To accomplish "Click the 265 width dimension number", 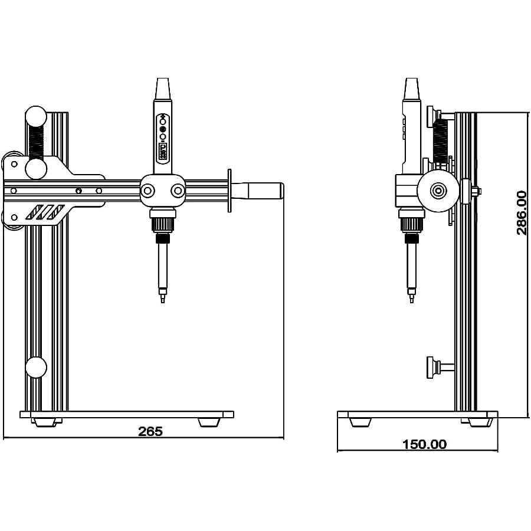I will click(x=150, y=431).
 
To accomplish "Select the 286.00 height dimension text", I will click(x=522, y=212).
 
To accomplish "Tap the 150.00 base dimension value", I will click(x=424, y=444).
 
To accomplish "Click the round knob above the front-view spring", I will click(x=36, y=116).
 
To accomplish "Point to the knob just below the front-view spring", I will click(x=36, y=169).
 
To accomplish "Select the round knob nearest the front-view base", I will click(x=36, y=367).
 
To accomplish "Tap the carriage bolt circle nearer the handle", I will click(x=178, y=191).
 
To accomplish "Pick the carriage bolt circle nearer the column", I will click(x=147, y=191).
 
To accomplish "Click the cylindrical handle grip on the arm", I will click(x=264, y=191).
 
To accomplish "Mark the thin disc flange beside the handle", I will click(x=230, y=190).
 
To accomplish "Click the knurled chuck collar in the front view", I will click(x=163, y=225).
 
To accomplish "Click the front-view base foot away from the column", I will click(x=209, y=422).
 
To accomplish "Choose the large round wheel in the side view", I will click(x=438, y=191).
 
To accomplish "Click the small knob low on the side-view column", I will click(x=435, y=366).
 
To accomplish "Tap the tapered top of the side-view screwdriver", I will click(x=411, y=89).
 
